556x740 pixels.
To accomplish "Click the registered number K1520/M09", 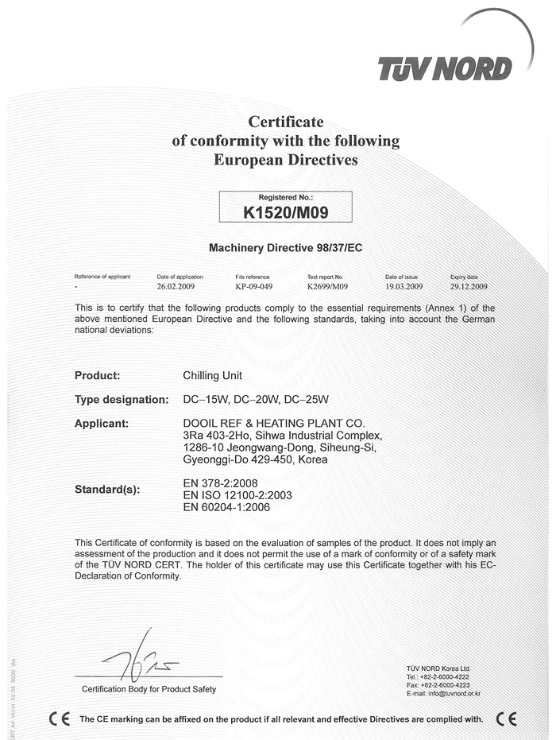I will coord(285,212).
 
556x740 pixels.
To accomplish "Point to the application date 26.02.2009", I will coord(180,285).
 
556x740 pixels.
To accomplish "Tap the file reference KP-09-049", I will coord(254,285).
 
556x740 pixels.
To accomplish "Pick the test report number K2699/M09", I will coord(327,285).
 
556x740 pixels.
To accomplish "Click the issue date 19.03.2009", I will coord(403,285).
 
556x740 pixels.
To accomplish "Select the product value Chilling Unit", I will coord(214,375).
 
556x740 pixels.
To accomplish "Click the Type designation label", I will coord(122,399).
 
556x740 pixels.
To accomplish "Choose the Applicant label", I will coord(102,423).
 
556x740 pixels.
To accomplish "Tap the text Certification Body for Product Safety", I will coord(149,688).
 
